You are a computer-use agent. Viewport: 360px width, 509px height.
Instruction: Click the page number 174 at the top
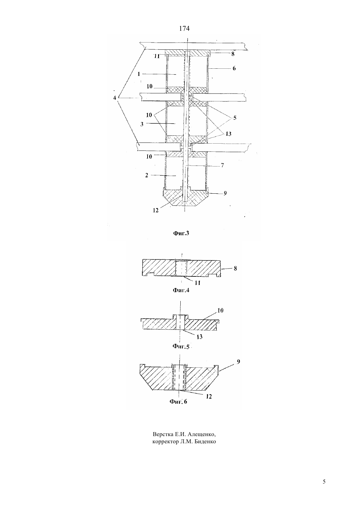(184, 28)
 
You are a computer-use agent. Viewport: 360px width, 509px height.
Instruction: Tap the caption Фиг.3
(181, 233)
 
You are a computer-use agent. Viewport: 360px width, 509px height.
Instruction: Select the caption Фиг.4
(181, 290)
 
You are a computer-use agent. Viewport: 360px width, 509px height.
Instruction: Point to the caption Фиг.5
(181, 346)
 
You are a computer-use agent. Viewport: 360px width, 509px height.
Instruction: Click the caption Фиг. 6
(178, 401)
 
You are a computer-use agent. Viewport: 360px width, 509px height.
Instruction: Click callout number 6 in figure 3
(234, 68)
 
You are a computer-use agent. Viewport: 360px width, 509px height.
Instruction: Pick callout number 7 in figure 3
(222, 166)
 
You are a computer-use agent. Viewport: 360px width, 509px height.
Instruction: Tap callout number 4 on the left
(115, 98)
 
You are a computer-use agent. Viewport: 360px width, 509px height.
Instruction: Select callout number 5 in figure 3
(235, 118)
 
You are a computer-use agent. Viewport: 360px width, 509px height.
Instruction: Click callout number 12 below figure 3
(155, 210)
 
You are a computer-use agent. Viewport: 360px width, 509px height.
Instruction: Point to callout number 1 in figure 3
(139, 74)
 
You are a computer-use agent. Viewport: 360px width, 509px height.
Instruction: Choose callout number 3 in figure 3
(142, 124)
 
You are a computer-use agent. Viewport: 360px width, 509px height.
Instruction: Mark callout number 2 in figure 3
(147, 175)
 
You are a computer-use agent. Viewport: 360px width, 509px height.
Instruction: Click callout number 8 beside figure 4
(235, 268)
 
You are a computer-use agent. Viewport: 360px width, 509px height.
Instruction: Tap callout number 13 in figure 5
(199, 337)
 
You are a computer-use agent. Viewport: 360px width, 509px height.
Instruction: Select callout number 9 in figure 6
(238, 362)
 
